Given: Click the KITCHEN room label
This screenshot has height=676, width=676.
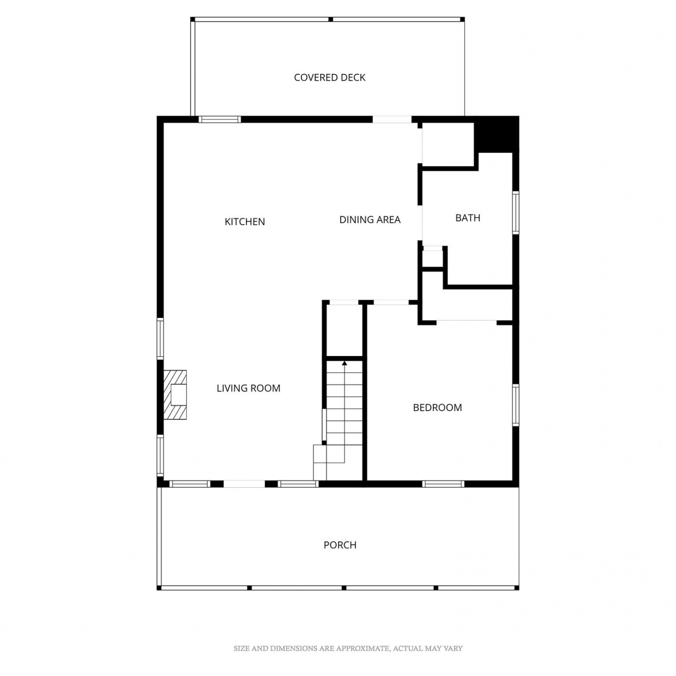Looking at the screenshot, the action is [x=245, y=222].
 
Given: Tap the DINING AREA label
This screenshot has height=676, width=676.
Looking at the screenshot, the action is [x=370, y=219].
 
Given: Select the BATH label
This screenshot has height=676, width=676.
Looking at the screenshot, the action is [x=468, y=218].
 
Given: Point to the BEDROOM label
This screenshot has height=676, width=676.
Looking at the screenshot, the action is [x=438, y=407].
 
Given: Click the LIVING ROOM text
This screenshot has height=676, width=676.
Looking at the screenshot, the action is [x=248, y=388].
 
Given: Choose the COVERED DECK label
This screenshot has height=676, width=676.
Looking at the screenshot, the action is [x=329, y=78].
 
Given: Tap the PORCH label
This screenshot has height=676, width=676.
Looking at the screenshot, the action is [x=340, y=545].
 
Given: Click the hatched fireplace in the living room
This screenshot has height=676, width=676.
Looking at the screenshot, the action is [x=175, y=395].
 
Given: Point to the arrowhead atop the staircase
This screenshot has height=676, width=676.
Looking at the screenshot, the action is [x=345, y=363].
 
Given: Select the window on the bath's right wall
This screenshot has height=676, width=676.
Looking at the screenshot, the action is [x=516, y=213].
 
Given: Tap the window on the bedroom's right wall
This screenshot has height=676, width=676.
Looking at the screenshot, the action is [x=516, y=405].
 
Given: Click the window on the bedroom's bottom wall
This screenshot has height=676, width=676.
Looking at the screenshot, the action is [x=443, y=484].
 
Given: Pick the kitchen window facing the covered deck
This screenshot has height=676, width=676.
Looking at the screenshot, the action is [x=220, y=119].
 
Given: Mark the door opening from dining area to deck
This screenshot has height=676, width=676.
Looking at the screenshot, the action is [x=392, y=119].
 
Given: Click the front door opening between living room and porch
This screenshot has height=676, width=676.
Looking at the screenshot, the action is [x=244, y=484].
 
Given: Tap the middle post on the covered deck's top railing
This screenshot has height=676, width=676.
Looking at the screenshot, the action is [x=330, y=19].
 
